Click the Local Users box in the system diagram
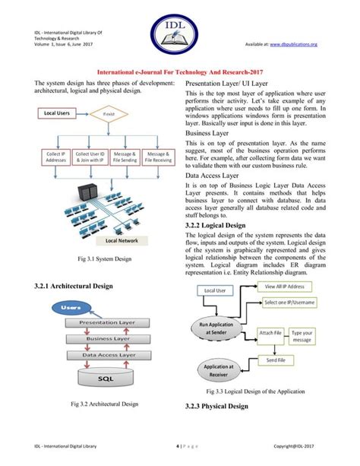coord(58,113)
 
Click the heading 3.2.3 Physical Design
coord(216,406)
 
